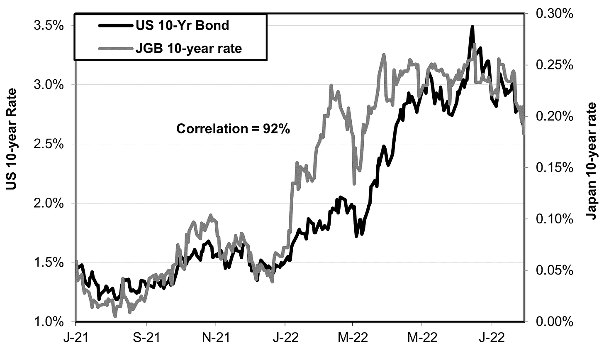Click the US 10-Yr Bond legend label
click(x=182, y=25)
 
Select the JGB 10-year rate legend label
click(x=188, y=49)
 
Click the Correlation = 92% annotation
click(x=233, y=129)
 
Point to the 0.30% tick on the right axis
click(x=554, y=14)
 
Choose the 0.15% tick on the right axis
click(x=554, y=168)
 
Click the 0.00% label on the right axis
click(x=554, y=321)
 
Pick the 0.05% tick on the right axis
click(x=554, y=270)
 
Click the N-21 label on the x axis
click(x=216, y=337)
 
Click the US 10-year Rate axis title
click(x=13, y=139)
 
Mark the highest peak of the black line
click(x=472, y=27)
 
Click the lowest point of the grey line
click(x=115, y=316)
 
